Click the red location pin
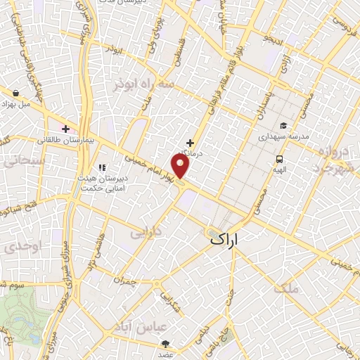click(x=181, y=166)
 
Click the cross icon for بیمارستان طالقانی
click(x=66, y=129)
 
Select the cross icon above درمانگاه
click(x=190, y=142)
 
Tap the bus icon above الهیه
click(x=280, y=160)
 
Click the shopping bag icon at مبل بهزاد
click(x=15, y=92)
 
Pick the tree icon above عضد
click(x=165, y=344)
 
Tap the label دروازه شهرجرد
click(x=330, y=161)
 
